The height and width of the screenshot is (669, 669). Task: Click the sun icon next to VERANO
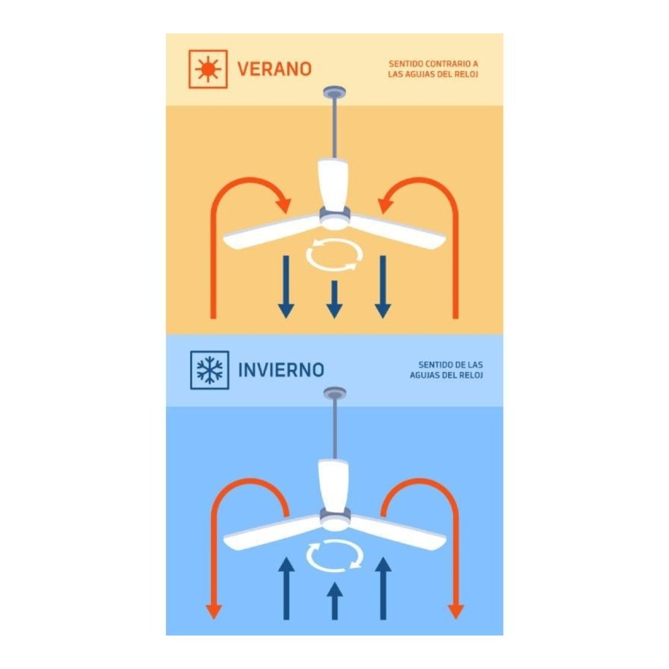pyautogui.click(x=208, y=69)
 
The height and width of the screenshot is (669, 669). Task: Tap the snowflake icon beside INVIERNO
pyautogui.click(x=210, y=370)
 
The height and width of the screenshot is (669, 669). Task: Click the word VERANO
pyautogui.click(x=274, y=69)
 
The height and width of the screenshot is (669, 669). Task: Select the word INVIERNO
pyautogui.click(x=281, y=370)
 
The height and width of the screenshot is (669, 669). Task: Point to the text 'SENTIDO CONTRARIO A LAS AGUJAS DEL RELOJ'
pyautogui.click(x=433, y=69)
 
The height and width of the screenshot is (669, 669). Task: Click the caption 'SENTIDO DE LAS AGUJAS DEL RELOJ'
pyautogui.click(x=446, y=370)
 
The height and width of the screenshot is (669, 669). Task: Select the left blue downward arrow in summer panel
pyautogui.click(x=286, y=287)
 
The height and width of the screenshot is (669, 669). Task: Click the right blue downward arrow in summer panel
pyautogui.click(x=383, y=287)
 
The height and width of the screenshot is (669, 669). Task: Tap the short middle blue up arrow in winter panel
pyautogui.click(x=334, y=601)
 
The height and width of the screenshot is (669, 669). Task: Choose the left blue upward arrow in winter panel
pyautogui.click(x=286, y=588)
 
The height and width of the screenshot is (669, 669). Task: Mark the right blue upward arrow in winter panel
pyautogui.click(x=383, y=588)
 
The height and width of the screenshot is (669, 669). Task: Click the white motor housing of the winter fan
pyautogui.click(x=334, y=486)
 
